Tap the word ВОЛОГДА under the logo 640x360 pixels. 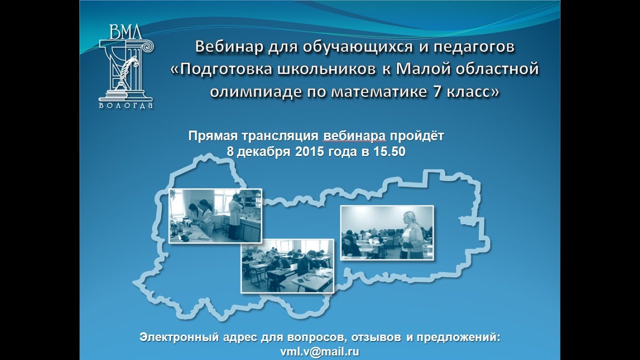(126, 105)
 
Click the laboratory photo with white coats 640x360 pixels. (215, 215)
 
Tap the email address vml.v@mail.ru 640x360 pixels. (320, 351)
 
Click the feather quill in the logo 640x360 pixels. (128, 67)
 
